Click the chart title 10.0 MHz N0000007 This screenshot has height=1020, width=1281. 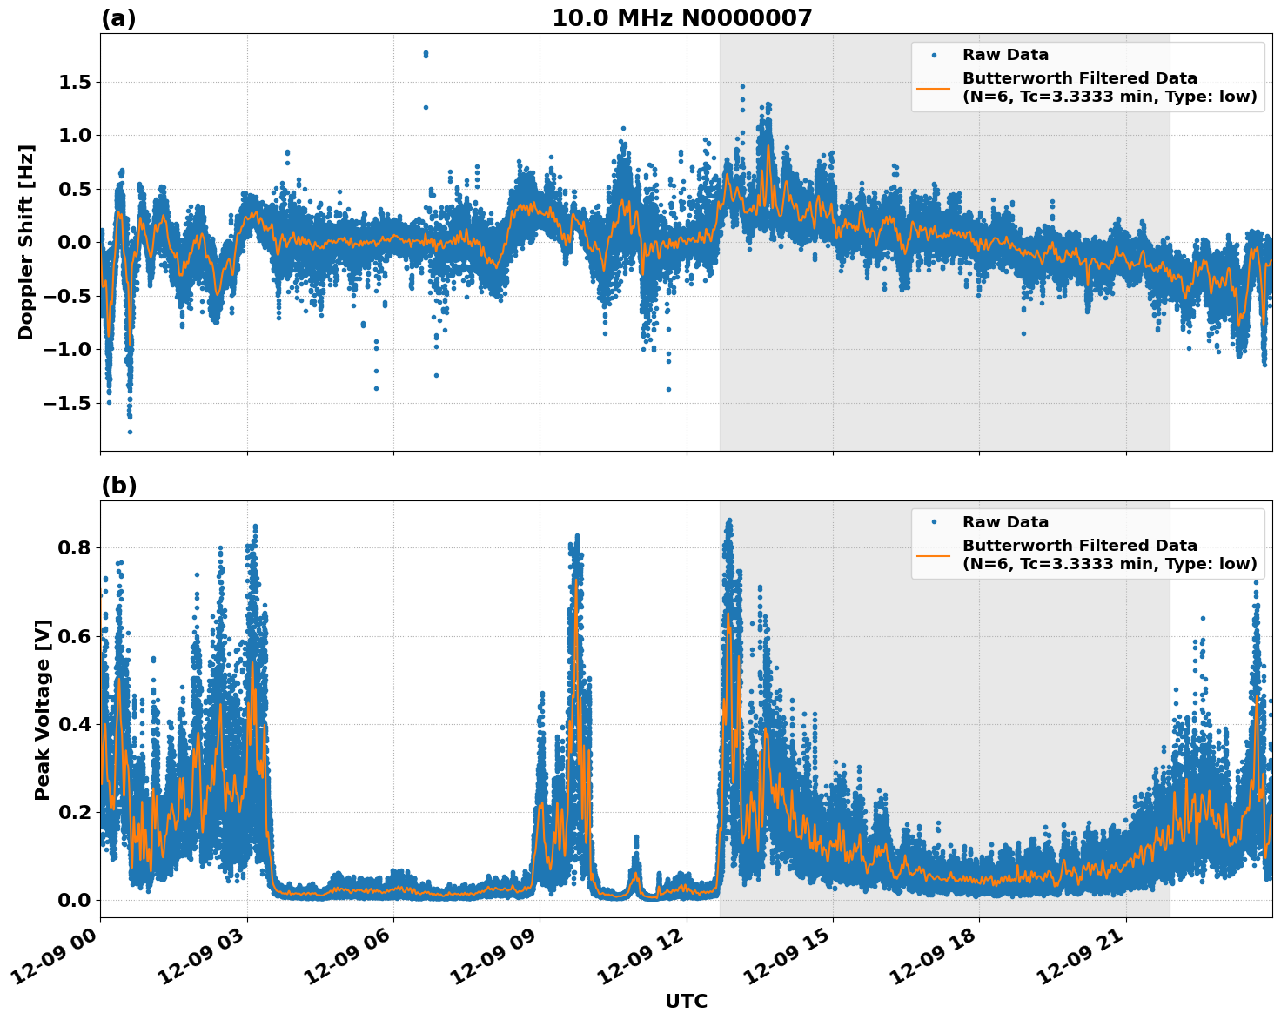point(681,18)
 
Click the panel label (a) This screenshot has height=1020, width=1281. point(118,18)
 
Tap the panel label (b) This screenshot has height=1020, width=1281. point(118,486)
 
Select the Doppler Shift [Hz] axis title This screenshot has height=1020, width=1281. point(26,242)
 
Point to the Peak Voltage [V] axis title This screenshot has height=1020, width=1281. point(43,709)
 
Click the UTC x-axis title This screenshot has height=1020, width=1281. point(686,1001)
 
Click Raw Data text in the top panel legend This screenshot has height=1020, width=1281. point(1005,55)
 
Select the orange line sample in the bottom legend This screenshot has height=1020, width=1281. point(933,554)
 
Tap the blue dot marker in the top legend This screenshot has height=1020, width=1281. point(933,55)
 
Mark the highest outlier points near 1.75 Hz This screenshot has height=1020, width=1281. point(426,54)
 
